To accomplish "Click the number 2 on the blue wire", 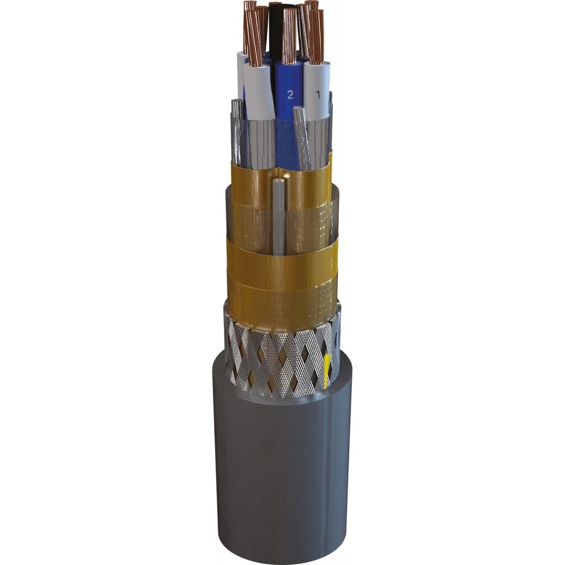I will (x=290, y=95).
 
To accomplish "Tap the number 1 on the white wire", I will (x=318, y=95).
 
